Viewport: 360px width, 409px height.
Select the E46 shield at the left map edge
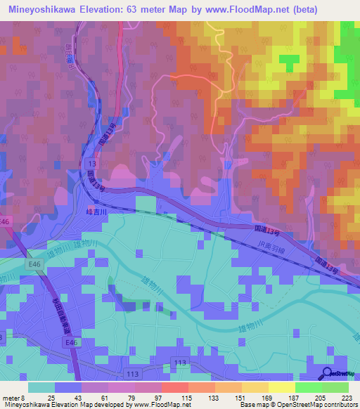coord(6,221)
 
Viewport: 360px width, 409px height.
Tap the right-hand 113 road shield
coord(180,362)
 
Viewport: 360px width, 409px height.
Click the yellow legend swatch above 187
coord(281,387)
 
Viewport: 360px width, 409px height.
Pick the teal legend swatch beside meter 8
coord(41,387)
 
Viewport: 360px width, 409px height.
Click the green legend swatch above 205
coord(308,387)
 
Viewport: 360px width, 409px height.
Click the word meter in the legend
coord(11,398)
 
